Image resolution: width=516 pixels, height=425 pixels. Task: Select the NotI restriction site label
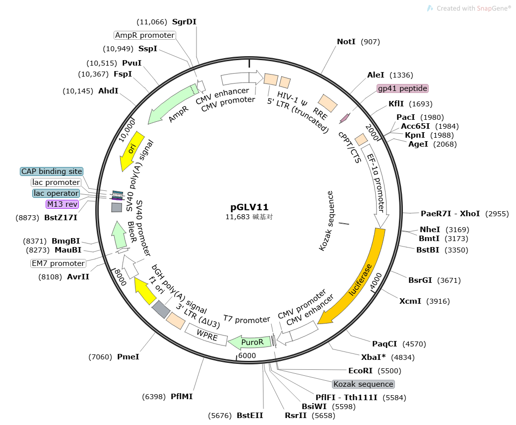[346, 42]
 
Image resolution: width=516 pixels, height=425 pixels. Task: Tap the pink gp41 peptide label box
[402, 88]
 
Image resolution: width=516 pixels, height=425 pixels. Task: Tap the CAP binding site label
[52, 171]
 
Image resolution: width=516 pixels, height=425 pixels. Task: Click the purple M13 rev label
[62, 204]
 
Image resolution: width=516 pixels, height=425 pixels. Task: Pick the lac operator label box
[56, 193]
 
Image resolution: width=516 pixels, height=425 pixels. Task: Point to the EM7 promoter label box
[58, 263]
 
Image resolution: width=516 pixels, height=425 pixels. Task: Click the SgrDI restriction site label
[184, 22]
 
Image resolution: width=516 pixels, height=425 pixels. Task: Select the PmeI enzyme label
[128, 356]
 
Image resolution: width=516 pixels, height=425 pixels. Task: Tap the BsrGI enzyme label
[419, 280]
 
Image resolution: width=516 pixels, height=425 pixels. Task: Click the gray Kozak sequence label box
[363, 384]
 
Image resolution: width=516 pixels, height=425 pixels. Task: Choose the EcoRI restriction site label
[360, 370]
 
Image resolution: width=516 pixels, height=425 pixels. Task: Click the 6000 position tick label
[247, 356]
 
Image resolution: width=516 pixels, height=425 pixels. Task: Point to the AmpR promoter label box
[145, 35]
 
